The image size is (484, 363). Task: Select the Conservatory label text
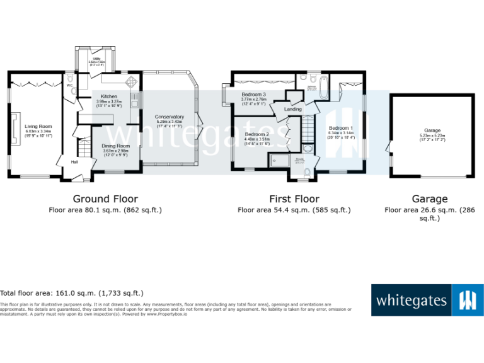pos(170,117)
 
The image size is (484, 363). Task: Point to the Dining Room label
pos(115,146)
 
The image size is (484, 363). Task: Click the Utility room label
pos(92,60)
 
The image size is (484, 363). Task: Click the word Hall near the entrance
pos(74,163)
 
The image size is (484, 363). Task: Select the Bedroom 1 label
pos(340,128)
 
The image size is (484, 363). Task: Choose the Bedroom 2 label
pos(257,134)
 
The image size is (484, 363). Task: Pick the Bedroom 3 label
pos(253,95)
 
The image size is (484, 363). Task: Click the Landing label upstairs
pos(293,110)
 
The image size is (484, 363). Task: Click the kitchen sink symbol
pos(134,101)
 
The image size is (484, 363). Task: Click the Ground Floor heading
pos(105,199)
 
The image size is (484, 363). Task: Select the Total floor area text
pos(72,293)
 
